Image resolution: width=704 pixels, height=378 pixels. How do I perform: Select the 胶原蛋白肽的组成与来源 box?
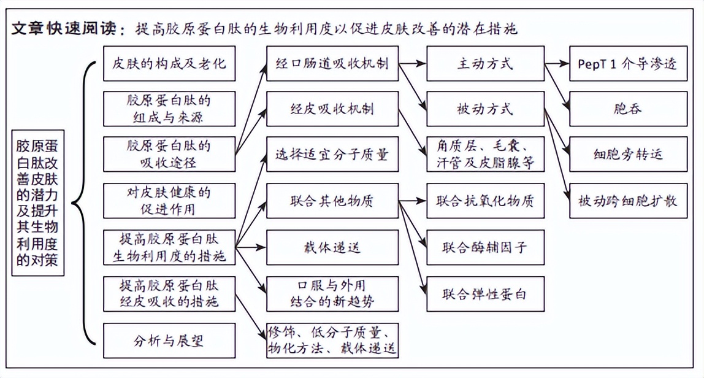pos(169,109)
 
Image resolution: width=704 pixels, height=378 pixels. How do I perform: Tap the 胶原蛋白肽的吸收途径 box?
pos(169,154)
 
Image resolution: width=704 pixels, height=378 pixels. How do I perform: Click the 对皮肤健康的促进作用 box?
pos(169,201)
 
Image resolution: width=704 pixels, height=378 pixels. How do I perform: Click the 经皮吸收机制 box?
pos(332,109)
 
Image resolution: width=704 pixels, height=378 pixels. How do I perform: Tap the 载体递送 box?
pos(332,247)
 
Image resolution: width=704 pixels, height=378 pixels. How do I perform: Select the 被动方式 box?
pos(485,109)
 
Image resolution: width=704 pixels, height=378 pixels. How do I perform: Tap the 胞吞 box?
pos(627,109)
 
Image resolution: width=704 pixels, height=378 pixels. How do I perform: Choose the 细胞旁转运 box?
pos(627,155)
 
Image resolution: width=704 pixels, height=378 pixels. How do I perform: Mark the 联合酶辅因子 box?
pos(485,247)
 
